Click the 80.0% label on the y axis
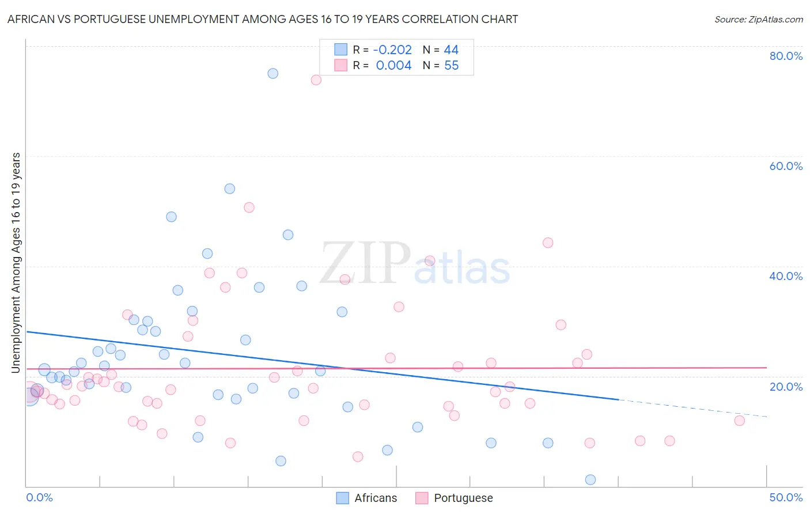(785, 56)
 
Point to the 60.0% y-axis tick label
(785, 166)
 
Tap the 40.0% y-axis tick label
(785, 276)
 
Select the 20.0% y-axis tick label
(785, 386)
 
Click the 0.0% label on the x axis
(39, 497)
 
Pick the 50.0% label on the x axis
(785, 497)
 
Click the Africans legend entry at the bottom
(375, 498)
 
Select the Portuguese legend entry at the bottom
(463, 498)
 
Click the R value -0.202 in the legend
(392, 50)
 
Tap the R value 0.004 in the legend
(393, 66)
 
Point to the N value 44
(451, 50)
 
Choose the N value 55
(451, 66)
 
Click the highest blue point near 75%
(273, 73)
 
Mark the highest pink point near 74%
(316, 80)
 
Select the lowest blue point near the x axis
(590, 479)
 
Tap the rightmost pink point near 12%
(739, 421)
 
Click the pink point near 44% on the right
(548, 243)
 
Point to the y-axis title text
(16, 262)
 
